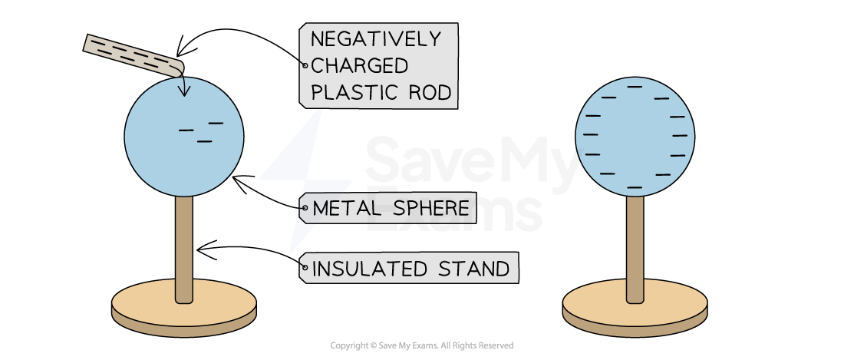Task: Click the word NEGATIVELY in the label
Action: coord(375,39)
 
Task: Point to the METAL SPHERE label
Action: coord(390,208)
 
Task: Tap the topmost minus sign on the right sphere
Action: coord(635,87)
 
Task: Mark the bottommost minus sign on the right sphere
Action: coord(635,187)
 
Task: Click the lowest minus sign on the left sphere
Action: coord(204,141)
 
